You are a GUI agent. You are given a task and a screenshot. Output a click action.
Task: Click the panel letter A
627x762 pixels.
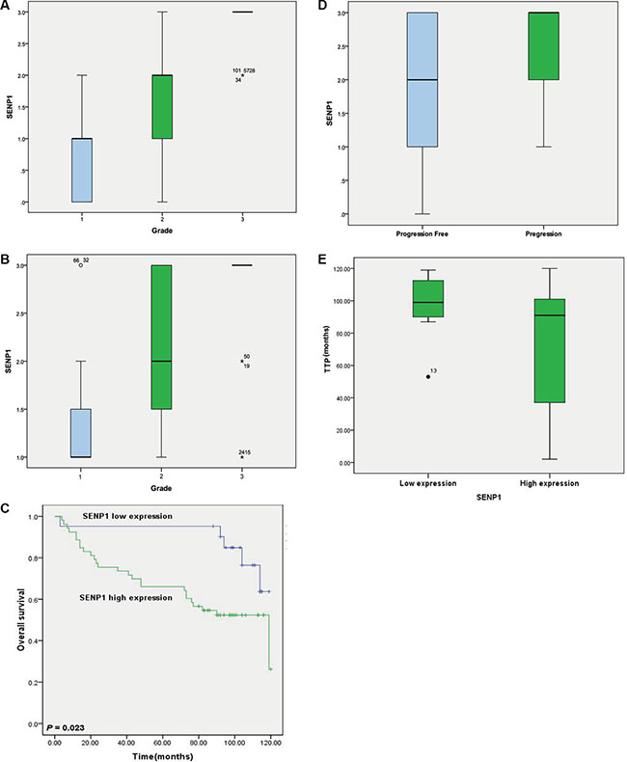(7, 7)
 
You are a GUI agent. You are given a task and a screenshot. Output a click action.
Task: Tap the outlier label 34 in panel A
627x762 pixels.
(237, 80)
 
